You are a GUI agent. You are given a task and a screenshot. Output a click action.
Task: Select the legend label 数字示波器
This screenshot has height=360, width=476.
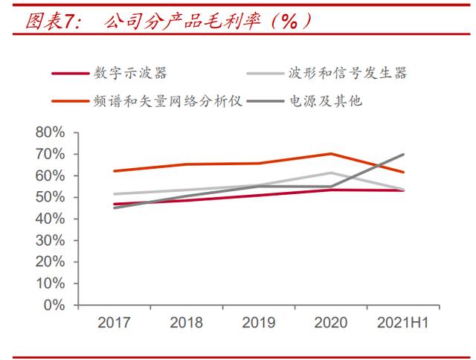click(x=130, y=73)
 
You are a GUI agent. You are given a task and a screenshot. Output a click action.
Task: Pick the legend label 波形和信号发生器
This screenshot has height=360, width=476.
click(x=347, y=73)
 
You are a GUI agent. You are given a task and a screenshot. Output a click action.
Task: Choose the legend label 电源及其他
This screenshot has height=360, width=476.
click(x=327, y=100)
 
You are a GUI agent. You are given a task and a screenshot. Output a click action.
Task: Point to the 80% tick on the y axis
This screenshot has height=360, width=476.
click(x=51, y=132)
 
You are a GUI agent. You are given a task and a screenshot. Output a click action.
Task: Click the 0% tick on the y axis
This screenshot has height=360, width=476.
click(x=56, y=305)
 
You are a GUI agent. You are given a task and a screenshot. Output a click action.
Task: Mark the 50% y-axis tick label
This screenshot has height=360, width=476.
click(x=51, y=197)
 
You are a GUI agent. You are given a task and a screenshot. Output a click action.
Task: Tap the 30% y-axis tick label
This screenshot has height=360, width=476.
click(x=51, y=240)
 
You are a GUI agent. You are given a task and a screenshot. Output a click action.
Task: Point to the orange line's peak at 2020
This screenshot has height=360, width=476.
click(x=331, y=154)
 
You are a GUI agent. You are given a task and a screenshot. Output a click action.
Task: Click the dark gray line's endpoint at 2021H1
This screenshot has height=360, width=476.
click(x=404, y=155)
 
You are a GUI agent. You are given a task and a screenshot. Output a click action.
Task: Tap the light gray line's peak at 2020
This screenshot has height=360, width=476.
click(x=331, y=173)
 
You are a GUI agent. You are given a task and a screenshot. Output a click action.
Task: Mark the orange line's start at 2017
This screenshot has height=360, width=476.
click(x=114, y=171)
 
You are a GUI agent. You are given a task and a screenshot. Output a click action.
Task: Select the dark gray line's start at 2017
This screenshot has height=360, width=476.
click(x=114, y=208)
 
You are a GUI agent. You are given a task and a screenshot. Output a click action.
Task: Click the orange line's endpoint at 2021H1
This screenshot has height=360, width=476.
click(x=404, y=172)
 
